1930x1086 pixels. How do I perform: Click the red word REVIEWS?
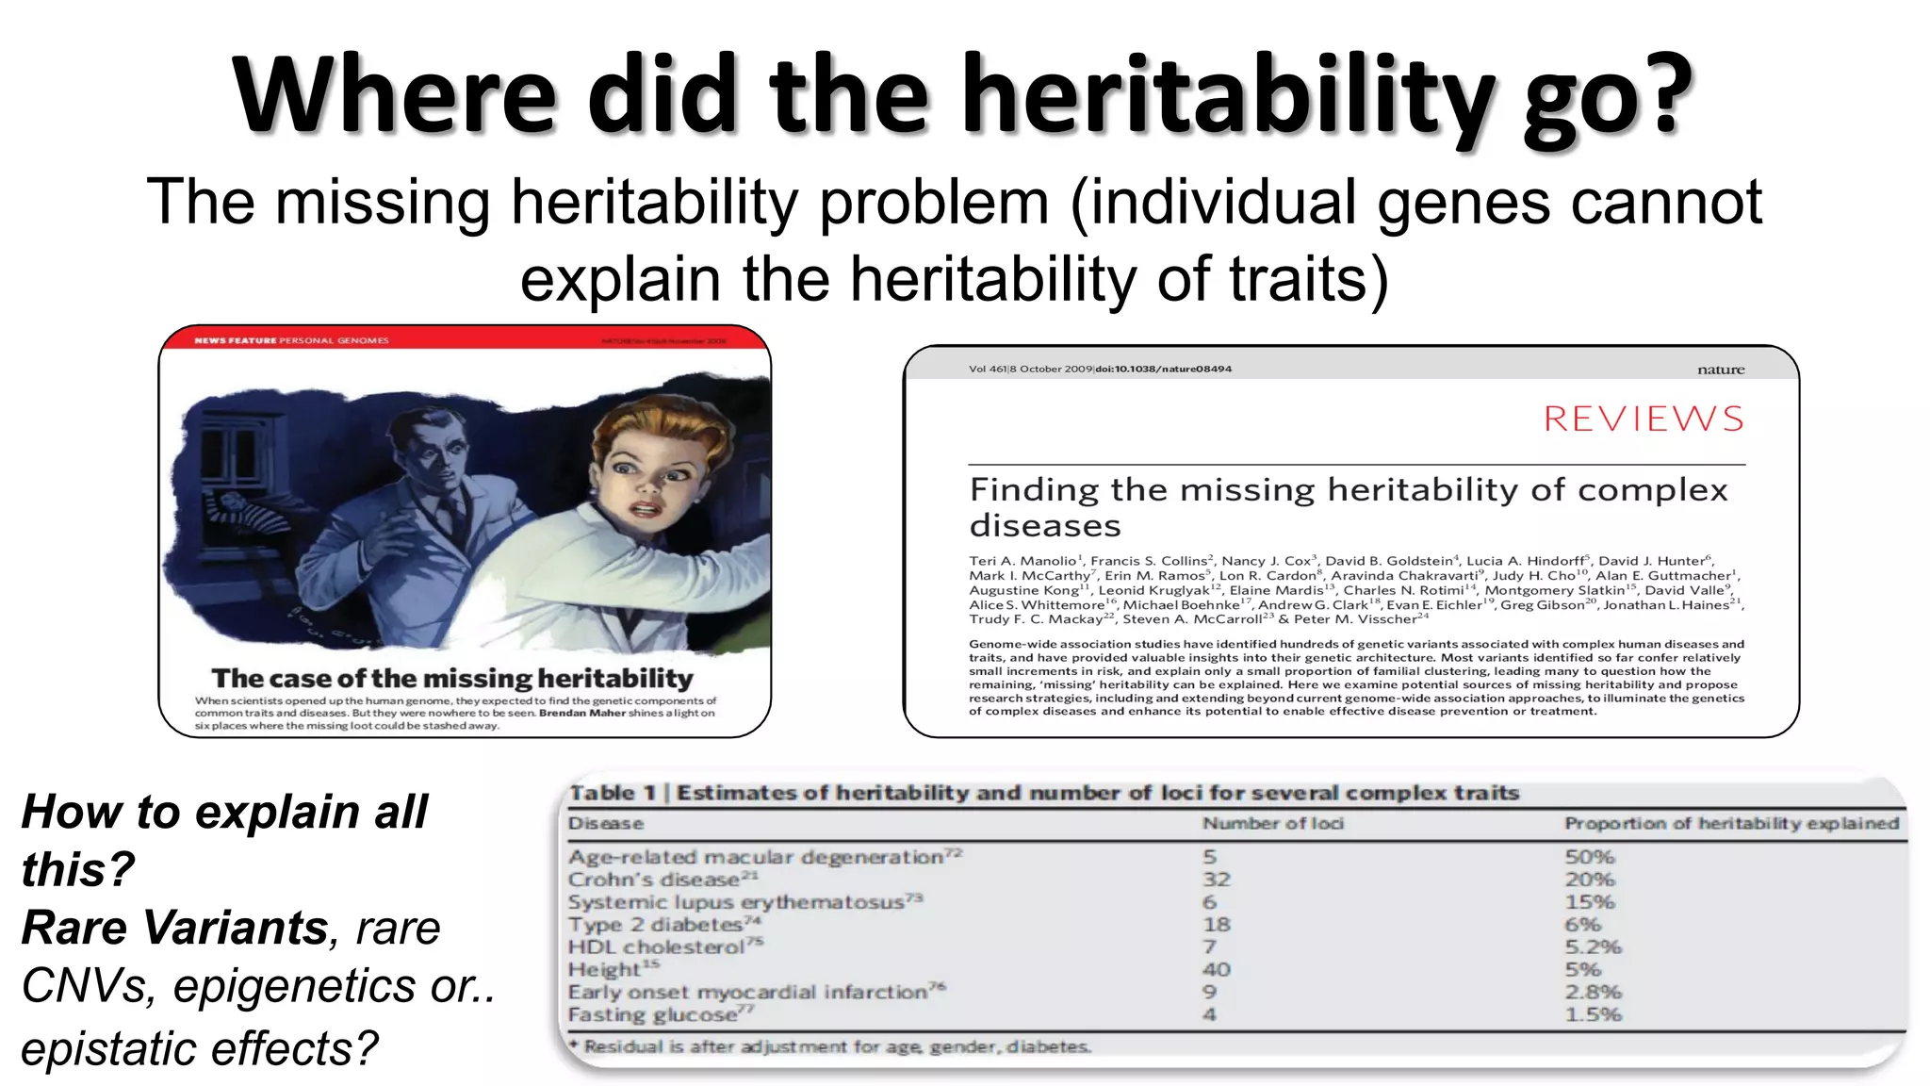[x=1644, y=419]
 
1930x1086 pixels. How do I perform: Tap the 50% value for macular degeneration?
[x=1590, y=857]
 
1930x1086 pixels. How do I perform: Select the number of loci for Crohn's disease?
[x=1216, y=880]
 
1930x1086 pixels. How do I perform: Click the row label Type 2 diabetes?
[x=655, y=925]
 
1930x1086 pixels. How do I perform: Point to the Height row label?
[x=605, y=969]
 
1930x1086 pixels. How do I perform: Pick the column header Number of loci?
[x=1272, y=823]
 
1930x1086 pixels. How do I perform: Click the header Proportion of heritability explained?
[x=1731, y=823]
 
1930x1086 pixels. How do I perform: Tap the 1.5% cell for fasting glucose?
[x=1593, y=1014]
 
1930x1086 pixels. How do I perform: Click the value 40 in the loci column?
[x=1216, y=969]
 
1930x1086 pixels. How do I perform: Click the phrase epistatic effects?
[x=199, y=1048]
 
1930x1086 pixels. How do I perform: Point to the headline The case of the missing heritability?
[x=452, y=678]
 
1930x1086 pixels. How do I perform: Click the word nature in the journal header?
[x=1721, y=370]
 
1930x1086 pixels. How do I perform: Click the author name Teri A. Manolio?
[x=1022, y=561]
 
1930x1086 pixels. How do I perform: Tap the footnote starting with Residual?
[x=834, y=1046]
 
